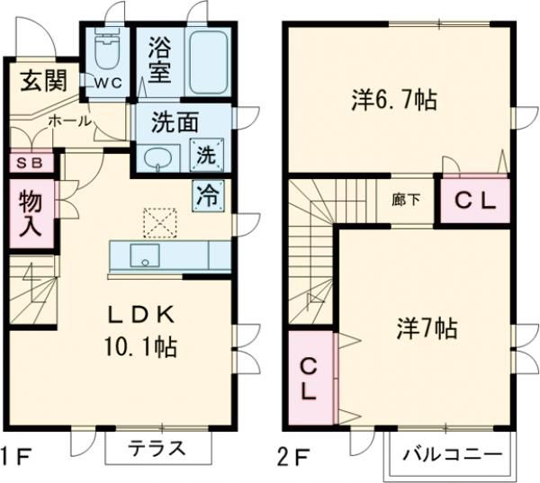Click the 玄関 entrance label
[42, 82]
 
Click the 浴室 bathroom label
[160, 58]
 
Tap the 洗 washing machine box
[207, 154]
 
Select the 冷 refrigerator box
[207, 192]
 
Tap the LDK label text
[141, 315]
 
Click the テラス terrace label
[155, 448]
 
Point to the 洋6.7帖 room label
[393, 99]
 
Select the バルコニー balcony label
[453, 455]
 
